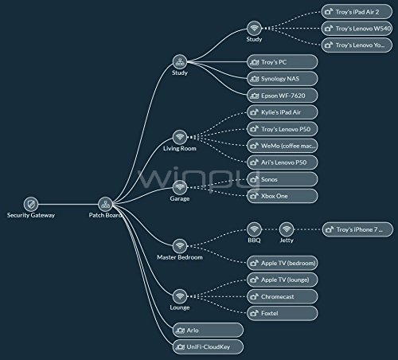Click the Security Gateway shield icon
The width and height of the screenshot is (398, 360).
[31, 204]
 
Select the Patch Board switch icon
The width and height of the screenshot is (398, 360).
[105, 204]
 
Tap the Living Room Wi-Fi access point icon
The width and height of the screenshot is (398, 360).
[180, 137]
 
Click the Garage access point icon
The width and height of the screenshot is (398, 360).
[180, 187]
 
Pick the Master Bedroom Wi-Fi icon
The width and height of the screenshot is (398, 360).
[180, 246]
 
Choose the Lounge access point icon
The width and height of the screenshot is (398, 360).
[180, 296]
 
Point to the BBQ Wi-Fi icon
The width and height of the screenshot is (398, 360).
[254, 229]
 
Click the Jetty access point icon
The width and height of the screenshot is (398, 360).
[287, 229]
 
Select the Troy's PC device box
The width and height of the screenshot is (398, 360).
[283, 62]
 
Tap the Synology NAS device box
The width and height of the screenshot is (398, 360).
[283, 79]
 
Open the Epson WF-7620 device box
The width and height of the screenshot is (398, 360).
[283, 96]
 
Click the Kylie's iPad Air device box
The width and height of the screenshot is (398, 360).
[283, 112]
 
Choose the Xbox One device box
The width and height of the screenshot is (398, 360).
[283, 196]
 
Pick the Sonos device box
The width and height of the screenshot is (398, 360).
[283, 179]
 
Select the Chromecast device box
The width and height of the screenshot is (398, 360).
[283, 296]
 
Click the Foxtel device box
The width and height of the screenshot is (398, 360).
[283, 313]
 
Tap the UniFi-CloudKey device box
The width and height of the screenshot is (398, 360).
[208, 346]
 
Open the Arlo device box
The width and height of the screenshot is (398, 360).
[208, 330]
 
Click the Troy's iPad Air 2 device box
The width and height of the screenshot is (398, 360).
[357, 12]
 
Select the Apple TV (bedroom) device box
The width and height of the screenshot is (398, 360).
[283, 263]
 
